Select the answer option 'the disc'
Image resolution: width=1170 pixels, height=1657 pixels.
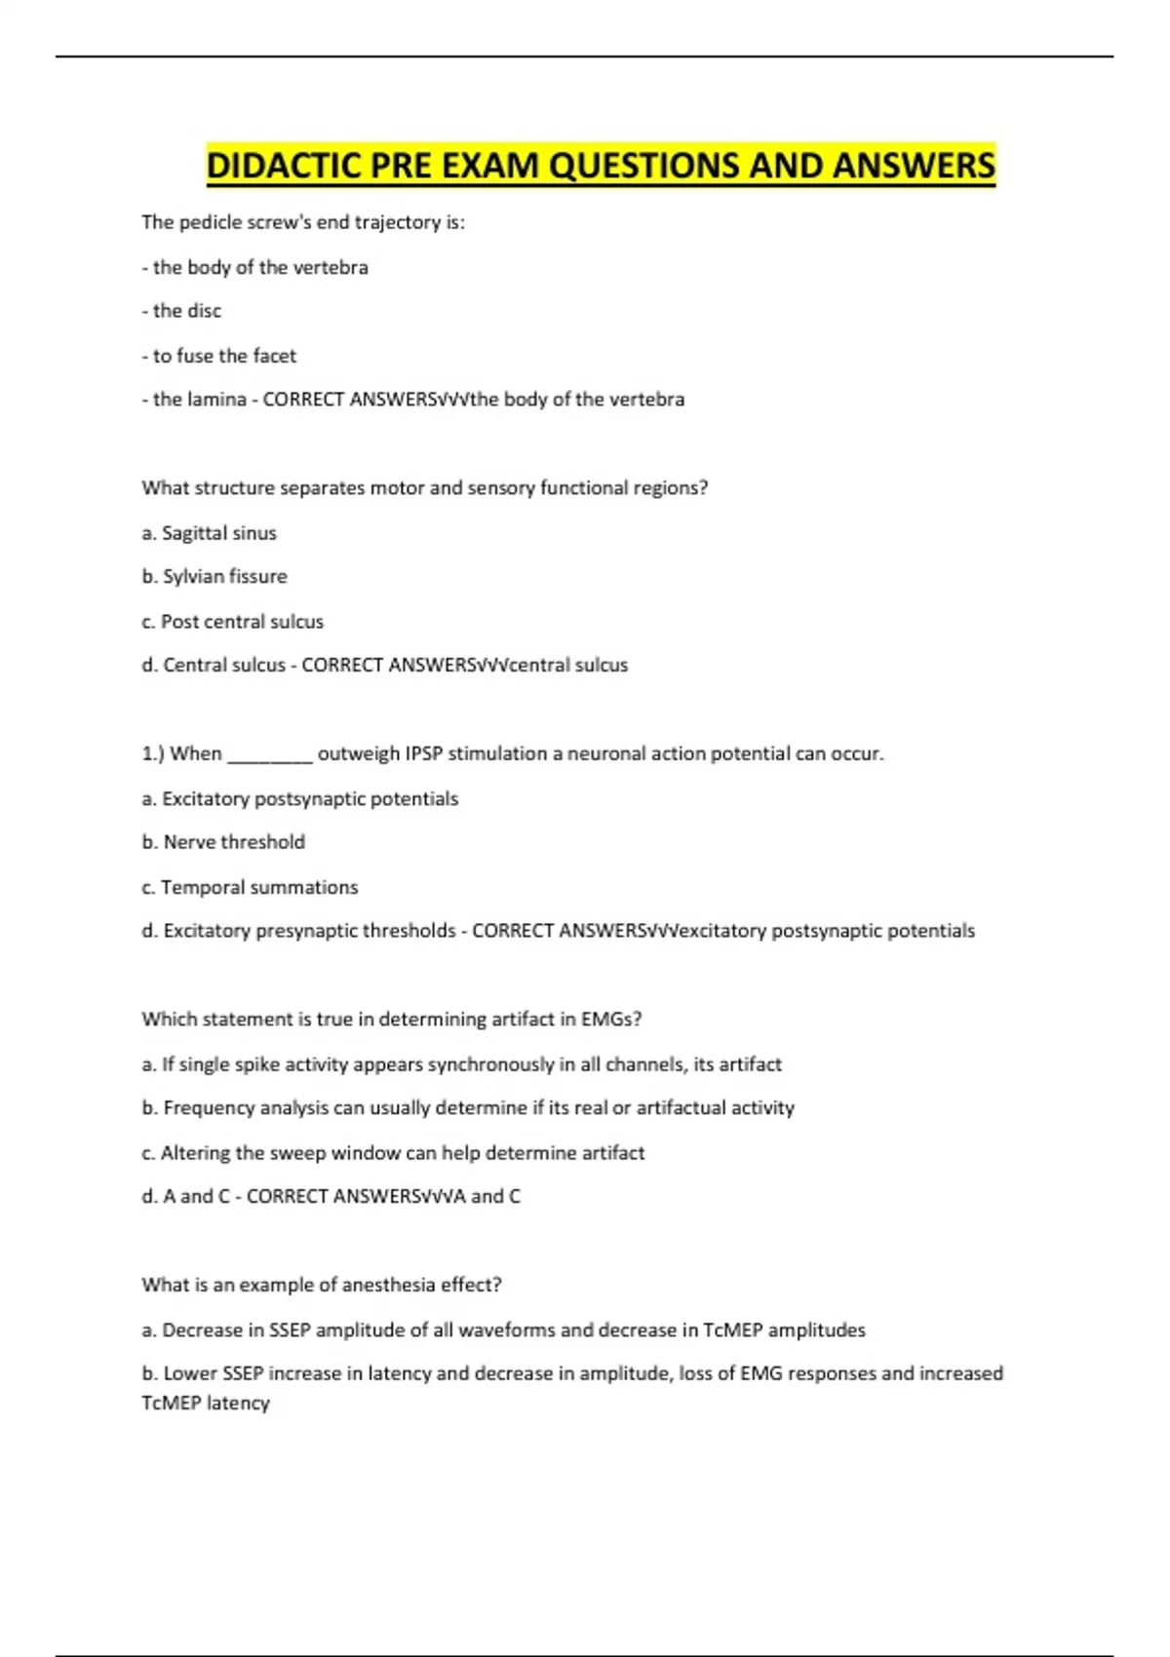(x=186, y=311)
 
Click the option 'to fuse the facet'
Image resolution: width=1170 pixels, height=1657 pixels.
(x=223, y=356)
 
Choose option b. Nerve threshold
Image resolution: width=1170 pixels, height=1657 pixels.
(x=223, y=842)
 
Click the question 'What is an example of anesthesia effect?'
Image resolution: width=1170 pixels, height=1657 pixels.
(x=322, y=1286)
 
